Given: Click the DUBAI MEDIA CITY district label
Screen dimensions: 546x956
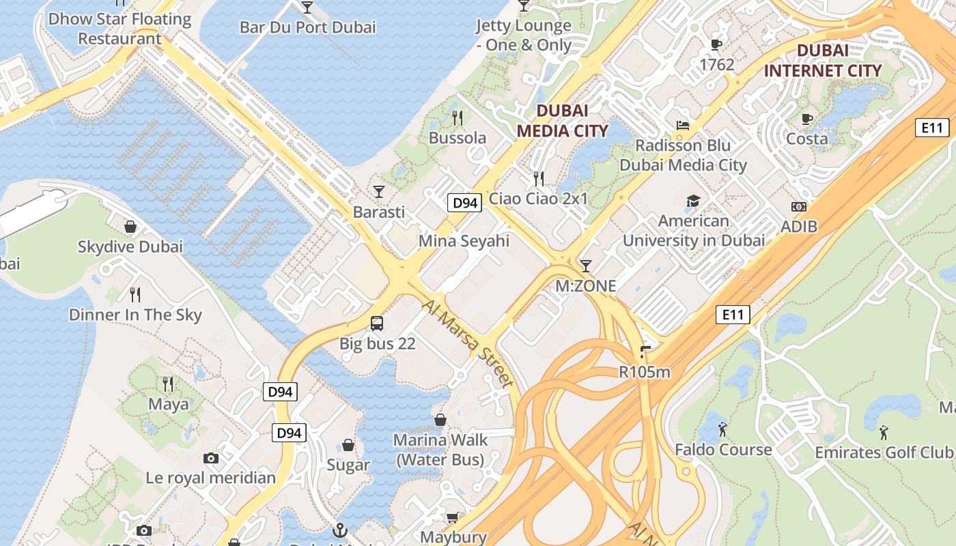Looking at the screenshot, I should tap(562, 121).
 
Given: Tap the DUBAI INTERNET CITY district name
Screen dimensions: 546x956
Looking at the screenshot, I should tap(822, 60).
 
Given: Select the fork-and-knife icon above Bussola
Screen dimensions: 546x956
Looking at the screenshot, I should tap(458, 117).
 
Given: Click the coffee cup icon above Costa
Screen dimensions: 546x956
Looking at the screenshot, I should tap(807, 119).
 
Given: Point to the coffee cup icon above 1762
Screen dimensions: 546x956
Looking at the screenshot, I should tap(716, 44).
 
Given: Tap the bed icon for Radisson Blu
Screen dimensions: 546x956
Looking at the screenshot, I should tap(682, 125).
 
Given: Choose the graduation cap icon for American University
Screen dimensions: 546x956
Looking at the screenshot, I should tap(693, 201).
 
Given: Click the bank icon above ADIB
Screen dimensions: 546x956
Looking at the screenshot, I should tap(798, 206).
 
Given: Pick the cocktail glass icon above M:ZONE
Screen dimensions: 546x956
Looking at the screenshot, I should tap(585, 265).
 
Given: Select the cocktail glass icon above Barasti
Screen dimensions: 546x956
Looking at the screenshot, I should tap(379, 191).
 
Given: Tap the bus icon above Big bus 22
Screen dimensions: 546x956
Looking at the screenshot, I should tap(377, 323).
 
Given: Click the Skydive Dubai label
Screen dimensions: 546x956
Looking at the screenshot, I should tap(130, 246).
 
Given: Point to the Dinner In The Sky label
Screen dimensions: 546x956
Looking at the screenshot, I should tap(135, 315).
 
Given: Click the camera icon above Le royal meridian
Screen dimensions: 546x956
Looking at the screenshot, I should tap(211, 458).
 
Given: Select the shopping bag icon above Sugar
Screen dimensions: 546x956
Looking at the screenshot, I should tap(348, 445).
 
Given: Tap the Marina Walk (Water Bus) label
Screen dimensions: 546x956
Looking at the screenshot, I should tap(440, 450).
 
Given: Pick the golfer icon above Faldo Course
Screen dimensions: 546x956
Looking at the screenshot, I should tap(722, 429).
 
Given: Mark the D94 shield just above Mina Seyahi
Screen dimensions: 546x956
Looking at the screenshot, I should tap(464, 203).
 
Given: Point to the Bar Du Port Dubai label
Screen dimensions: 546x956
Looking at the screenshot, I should tap(307, 27).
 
